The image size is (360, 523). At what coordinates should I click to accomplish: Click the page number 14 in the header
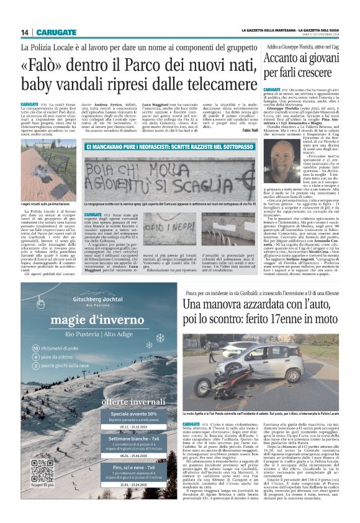tap(25, 32)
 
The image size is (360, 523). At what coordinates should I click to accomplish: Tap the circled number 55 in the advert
tap(35, 348)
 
